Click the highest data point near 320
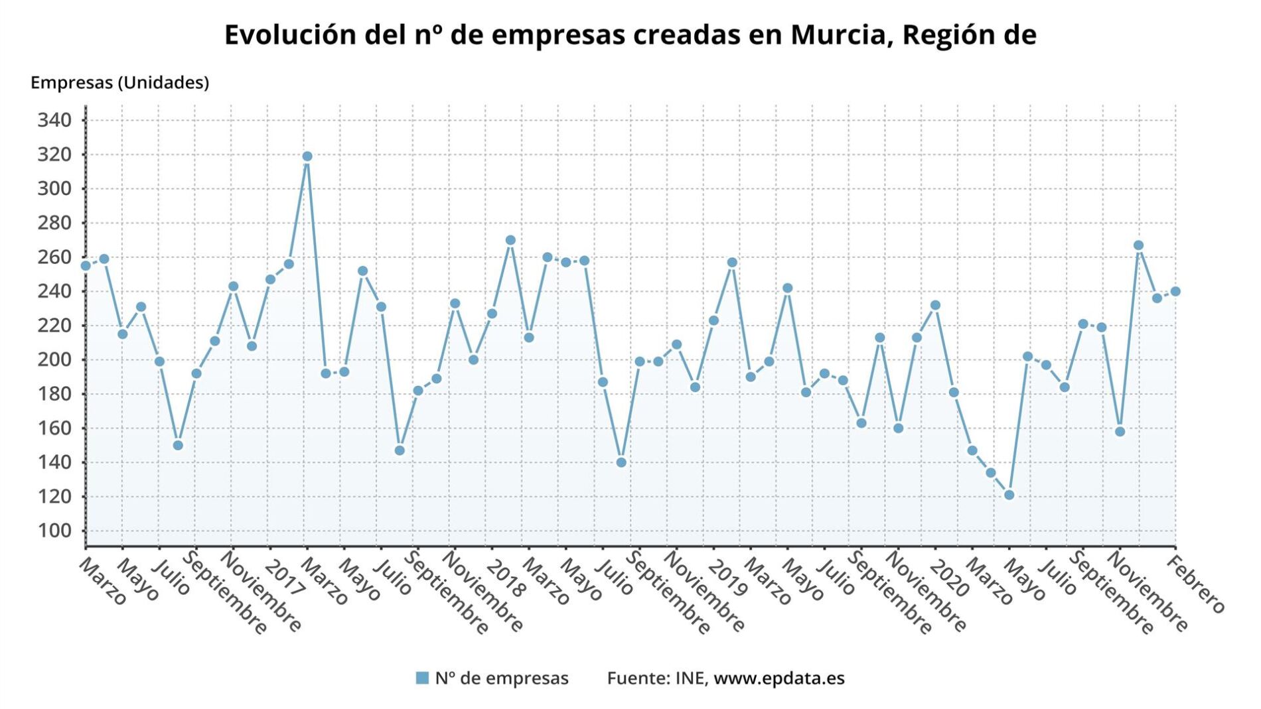click(307, 157)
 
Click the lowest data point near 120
click(1009, 495)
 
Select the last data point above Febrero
click(1175, 291)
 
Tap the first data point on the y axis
click(86, 266)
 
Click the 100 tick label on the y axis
click(54, 531)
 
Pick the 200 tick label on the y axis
click(54, 359)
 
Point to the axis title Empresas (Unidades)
click(120, 82)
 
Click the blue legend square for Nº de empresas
click(422, 678)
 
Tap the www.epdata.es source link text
click(779, 678)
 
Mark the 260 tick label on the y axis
click(54, 257)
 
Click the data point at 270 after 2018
click(510, 240)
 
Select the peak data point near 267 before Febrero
click(1139, 245)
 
